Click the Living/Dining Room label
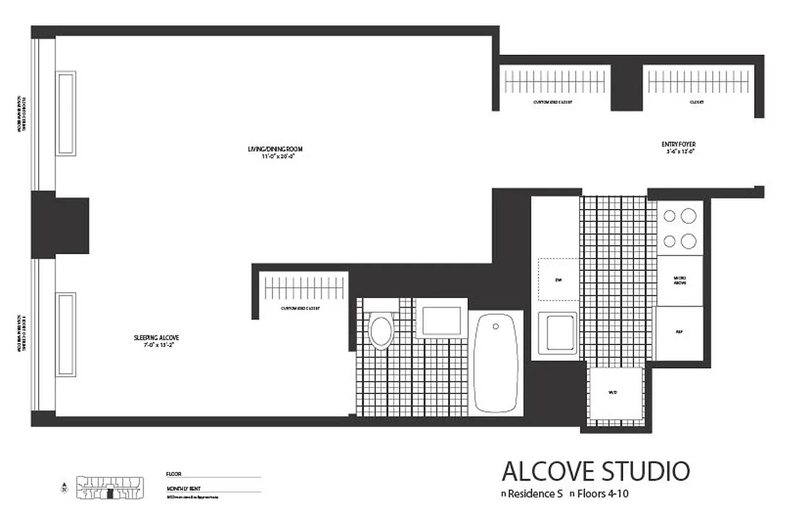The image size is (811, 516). (x=275, y=150)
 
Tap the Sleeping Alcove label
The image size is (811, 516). (x=156, y=337)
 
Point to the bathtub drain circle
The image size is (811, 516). (x=495, y=326)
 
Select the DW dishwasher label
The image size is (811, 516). (x=558, y=280)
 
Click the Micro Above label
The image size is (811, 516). (x=679, y=281)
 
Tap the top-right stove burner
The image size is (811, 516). (x=689, y=216)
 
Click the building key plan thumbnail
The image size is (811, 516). (x=110, y=488)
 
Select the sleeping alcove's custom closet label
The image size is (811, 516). (x=301, y=308)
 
